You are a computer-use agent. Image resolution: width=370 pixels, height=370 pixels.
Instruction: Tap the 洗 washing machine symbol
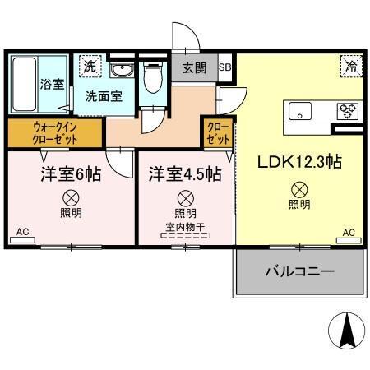(86, 66)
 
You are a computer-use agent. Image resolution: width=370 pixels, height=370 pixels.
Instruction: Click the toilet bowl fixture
(151, 80)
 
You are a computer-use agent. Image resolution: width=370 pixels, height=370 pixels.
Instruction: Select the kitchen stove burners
(346, 109)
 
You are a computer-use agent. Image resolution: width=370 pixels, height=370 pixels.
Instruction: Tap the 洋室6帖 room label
(71, 174)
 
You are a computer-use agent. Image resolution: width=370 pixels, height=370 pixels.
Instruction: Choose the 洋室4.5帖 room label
(185, 174)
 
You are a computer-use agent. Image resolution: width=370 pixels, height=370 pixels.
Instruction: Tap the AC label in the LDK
(348, 233)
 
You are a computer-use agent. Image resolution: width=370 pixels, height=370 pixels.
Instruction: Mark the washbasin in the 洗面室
(121, 68)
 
